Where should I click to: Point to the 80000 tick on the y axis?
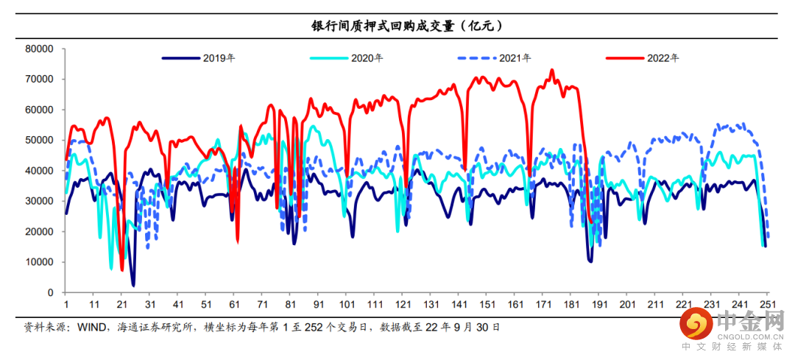click(39, 49)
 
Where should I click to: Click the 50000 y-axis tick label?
click(39, 140)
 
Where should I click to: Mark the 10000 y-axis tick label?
click(39, 262)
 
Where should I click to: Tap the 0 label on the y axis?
click(51, 292)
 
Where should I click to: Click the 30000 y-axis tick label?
click(39, 201)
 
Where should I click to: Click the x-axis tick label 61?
click(235, 305)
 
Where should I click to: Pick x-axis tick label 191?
click(599, 305)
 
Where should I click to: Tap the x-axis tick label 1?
click(66, 305)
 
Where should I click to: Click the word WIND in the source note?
click(91, 326)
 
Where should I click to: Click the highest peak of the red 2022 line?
click(551, 71)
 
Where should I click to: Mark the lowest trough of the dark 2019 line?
click(133, 285)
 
